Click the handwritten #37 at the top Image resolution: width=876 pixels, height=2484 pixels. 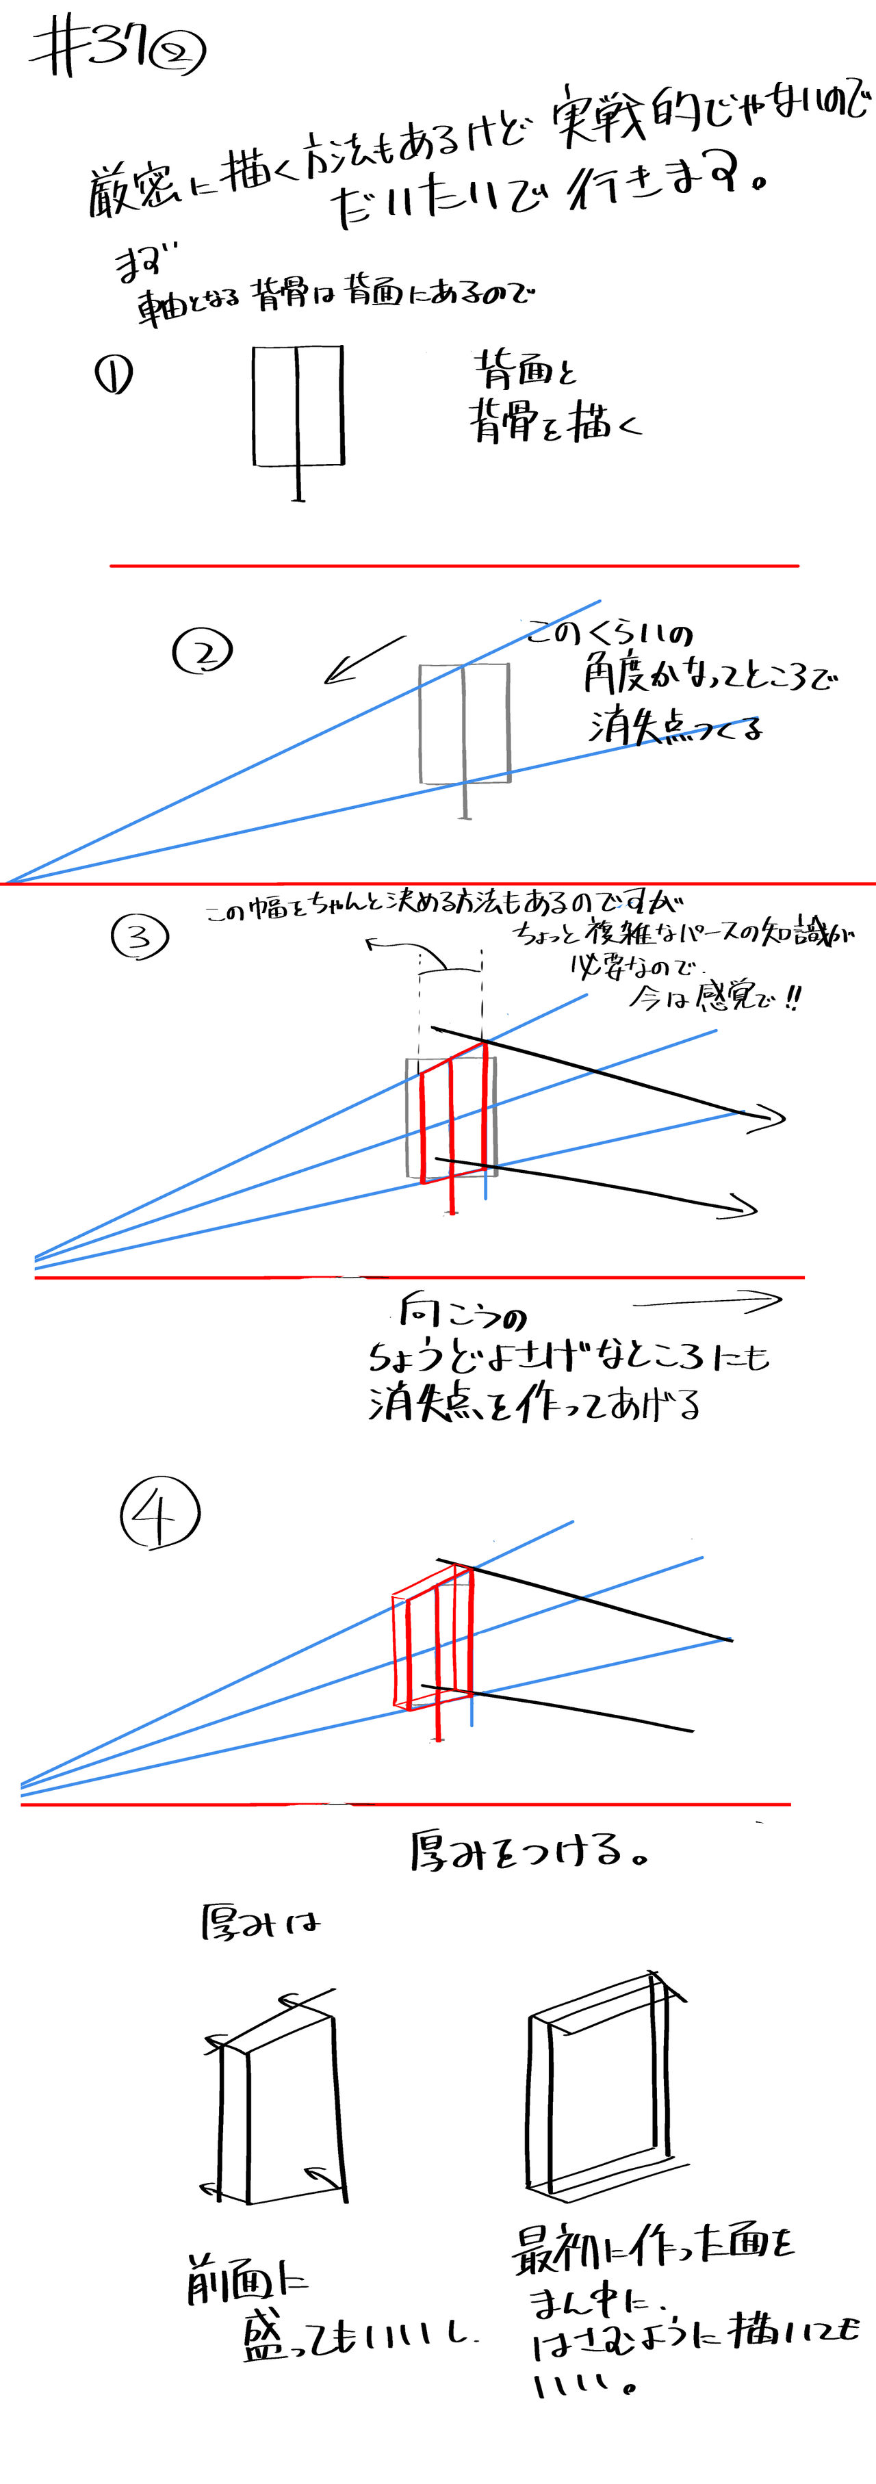click(92, 50)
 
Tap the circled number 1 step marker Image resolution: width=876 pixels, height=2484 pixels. click(113, 375)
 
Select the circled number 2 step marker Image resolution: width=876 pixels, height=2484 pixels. click(203, 652)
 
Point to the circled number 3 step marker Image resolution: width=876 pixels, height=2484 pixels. click(140, 936)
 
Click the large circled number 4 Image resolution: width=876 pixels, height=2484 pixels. click(159, 1513)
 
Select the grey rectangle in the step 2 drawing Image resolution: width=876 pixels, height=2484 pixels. click(464, 723)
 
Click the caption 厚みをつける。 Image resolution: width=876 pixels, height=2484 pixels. click(527, 1852)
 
